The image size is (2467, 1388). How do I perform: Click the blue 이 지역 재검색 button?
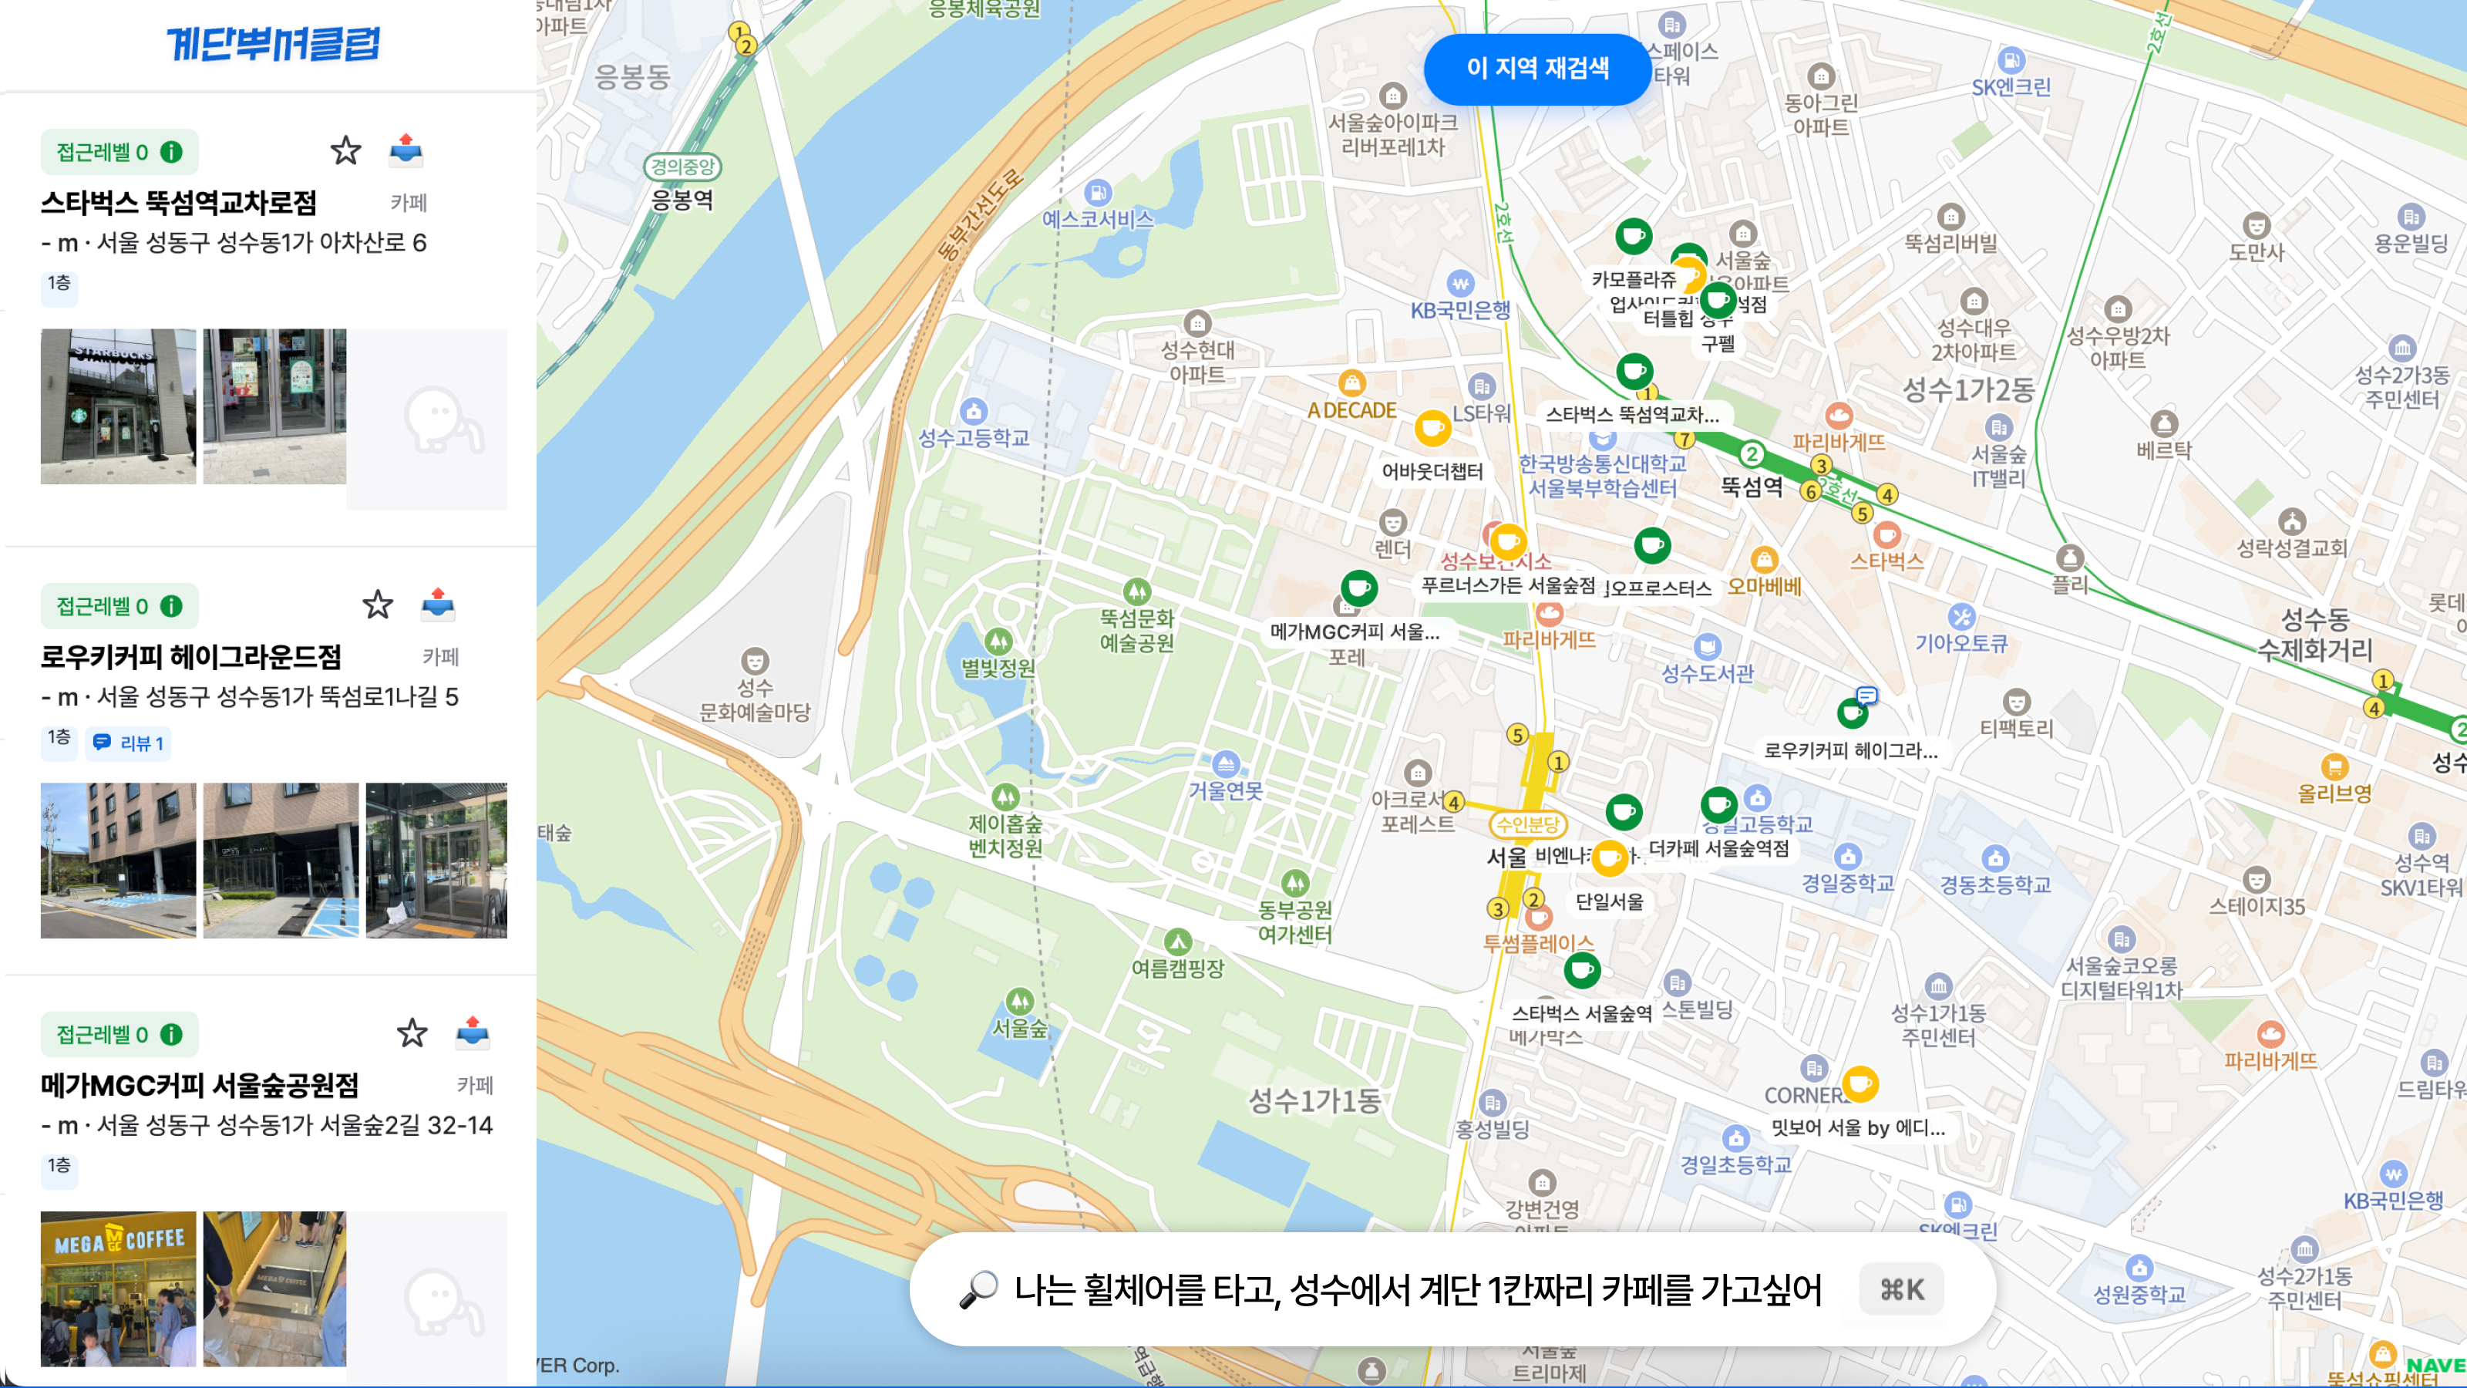[x=1536, y=68]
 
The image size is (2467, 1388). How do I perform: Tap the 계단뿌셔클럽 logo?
[x=274, y=44]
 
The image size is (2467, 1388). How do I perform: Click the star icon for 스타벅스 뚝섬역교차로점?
[x=345, y=150]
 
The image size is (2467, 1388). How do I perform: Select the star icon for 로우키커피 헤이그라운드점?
[x=377, y=605]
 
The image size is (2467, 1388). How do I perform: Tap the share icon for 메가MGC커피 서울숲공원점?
[x=472, y=1033]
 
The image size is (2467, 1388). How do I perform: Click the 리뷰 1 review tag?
[x=130, y=743]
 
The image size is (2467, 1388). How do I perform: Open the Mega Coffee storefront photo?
[x=118, y=1289]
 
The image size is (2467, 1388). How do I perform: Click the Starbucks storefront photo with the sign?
[x=118, y=406]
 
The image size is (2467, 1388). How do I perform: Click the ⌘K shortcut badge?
[x=1901, y=1289]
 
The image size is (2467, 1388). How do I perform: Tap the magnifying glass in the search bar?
[x=978, y=1289]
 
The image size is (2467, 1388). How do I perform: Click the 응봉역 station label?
[x=682, y=199]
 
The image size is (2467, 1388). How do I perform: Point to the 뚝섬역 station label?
[x=1752, y=486]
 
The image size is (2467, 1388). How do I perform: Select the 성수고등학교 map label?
[x=973, y=438]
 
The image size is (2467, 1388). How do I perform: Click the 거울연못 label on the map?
[x=1225, y=790]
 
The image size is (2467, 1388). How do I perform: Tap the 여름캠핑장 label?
[x=1178, y=968]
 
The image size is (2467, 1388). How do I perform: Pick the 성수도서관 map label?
[x=1707, y=672]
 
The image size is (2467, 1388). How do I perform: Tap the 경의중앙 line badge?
[x=682, y=167]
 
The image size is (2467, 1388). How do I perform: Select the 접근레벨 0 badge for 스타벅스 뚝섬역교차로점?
[x=119, y=151]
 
